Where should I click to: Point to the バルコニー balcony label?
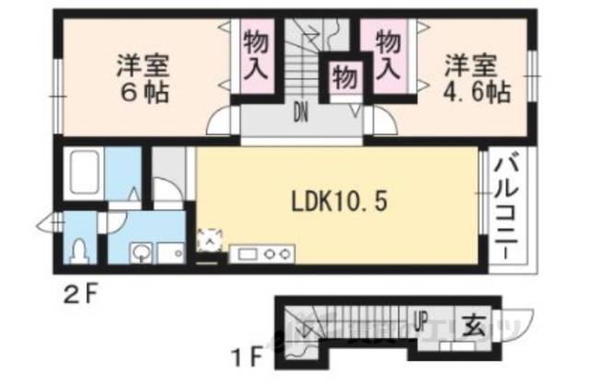click(x=505, y=208)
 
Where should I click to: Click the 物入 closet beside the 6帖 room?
click(x=257, y=54)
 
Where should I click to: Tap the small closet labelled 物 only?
click(x=344, y=77)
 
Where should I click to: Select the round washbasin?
click(x=141, y=250)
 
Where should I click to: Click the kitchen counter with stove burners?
click(x=263, y=250)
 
